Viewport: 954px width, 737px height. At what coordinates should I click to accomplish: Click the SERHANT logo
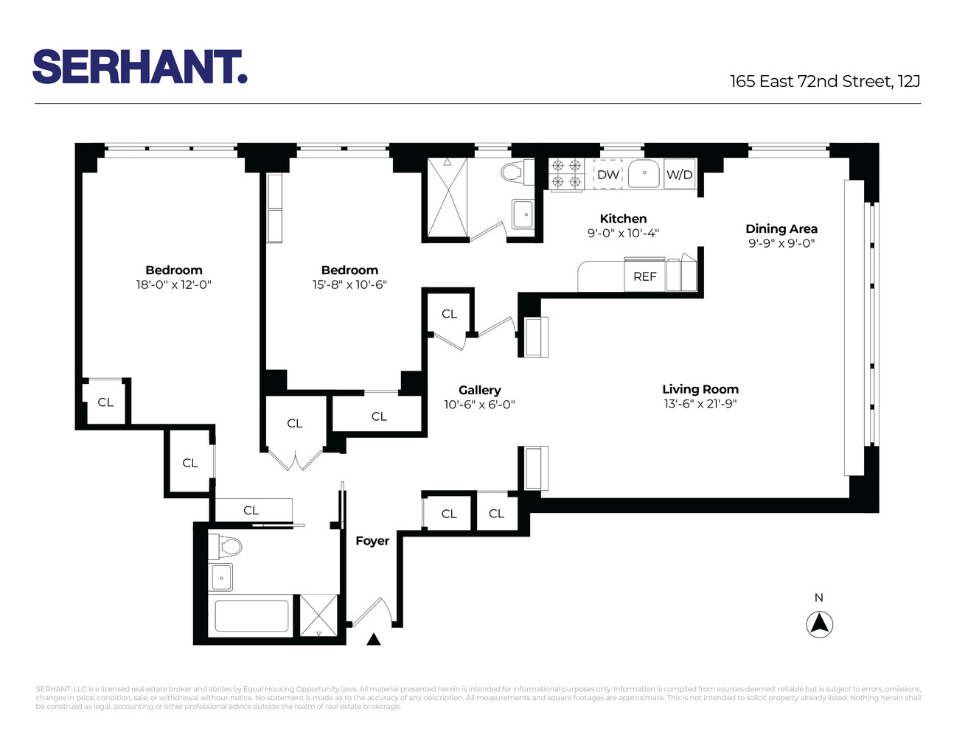[139, 67]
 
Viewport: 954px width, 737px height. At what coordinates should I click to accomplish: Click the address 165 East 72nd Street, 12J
[824, 82]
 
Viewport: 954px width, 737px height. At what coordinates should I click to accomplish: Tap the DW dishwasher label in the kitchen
[608, 175]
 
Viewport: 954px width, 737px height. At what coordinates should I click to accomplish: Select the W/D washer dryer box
[680, 175]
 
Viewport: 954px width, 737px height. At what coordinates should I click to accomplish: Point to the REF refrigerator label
[644, 276]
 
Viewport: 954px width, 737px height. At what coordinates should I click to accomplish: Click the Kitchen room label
[623, 219]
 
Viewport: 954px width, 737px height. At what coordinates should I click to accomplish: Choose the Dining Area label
[781, 229]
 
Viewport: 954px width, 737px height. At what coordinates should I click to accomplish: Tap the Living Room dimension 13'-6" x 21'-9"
[700, 404]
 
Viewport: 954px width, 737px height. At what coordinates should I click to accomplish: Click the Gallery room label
[479, 390]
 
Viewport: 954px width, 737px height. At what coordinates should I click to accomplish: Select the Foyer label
[372, 541]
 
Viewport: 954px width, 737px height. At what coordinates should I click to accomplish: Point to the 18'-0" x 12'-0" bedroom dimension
[173, 284]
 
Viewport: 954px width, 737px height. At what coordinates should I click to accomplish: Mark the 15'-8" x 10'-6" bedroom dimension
[349, 284]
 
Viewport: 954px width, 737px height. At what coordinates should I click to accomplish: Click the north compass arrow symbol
[819, 625]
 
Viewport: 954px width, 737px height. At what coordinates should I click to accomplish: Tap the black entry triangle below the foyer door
[374, 640]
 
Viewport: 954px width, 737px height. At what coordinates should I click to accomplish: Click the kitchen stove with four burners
[566, 174]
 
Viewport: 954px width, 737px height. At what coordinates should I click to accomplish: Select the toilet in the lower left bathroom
[226, 547]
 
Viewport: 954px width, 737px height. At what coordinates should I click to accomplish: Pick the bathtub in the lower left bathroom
[252, 616]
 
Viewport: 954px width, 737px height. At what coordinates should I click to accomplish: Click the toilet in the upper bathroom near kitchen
[512, 173]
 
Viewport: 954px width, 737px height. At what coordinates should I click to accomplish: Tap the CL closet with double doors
[295, 424]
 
